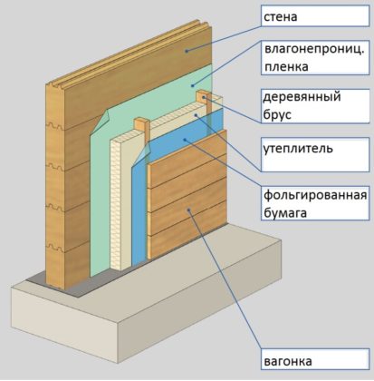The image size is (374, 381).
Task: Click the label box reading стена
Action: pyautogui.click(x=315, y=16)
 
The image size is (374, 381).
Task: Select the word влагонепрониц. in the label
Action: pyautogui.click(x=314, y=49)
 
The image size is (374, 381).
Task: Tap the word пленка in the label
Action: pyautogui.click(x=286, y=67)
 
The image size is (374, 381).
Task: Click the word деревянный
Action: pyautogui.click(x=302, y=97)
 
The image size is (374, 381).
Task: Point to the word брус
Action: pyautogui.click(x=277, y=115)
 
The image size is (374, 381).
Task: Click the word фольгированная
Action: pyautogui.click(x=315, y=195)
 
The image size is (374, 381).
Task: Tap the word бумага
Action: pyautogui.click(x=285, y=213)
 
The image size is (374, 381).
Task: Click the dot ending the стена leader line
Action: pyautogui.click(x=187, y=51)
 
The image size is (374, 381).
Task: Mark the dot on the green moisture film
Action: pyautogui.click(x=192, y=86)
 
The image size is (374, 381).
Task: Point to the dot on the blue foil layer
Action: pyautogui.click(x=185, y=140)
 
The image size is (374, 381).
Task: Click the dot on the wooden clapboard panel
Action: pyautogui.click(x=188, y=210)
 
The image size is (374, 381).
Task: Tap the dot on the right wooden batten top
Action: pyautogui.click(x=204, y=97)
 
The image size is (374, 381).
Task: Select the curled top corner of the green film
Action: pyautogui.click(x=105, y=119)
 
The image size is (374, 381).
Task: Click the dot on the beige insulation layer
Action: pyautogui.click(x=196, y=114)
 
